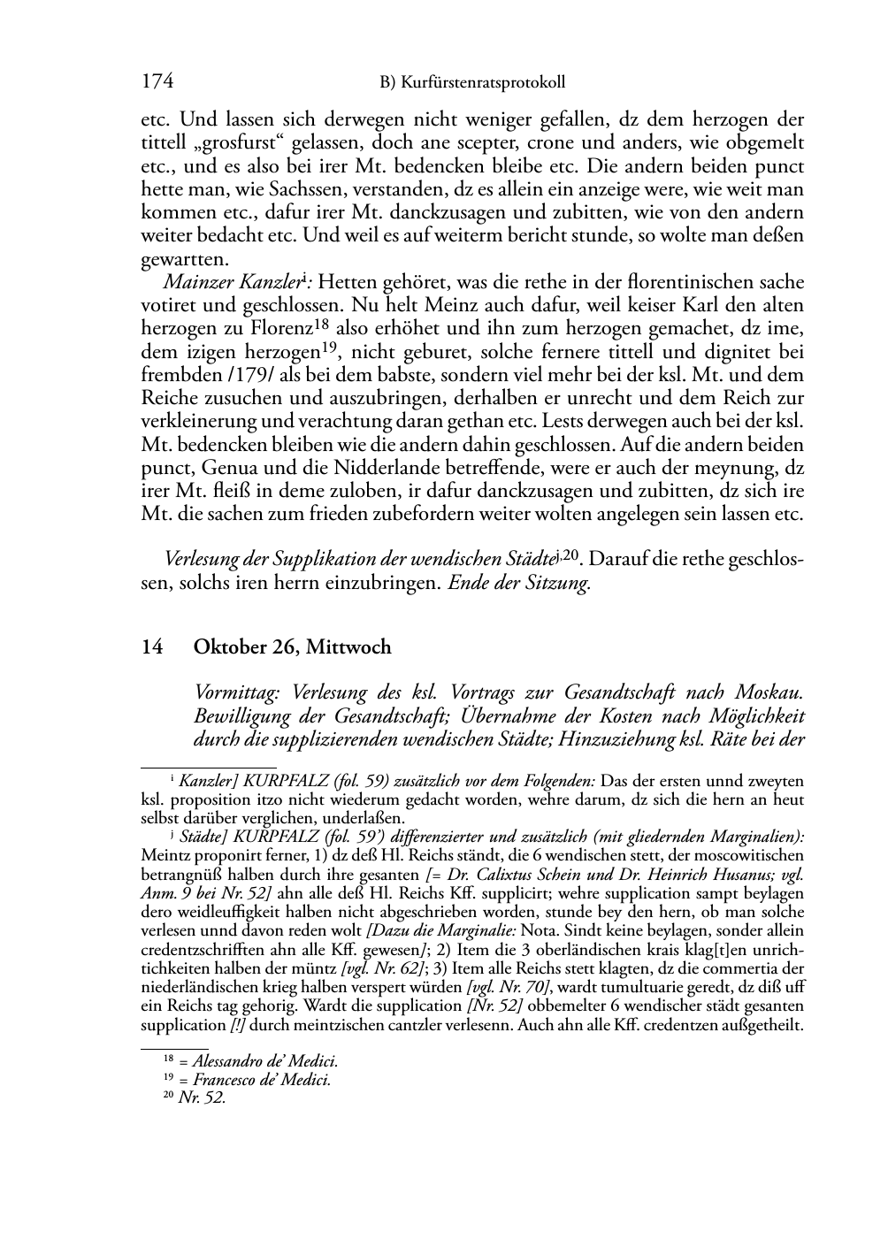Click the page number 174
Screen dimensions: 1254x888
157,82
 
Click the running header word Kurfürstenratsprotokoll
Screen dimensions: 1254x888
483,83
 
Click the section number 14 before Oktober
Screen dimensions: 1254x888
152,647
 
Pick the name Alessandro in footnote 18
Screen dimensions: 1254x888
225,1061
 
